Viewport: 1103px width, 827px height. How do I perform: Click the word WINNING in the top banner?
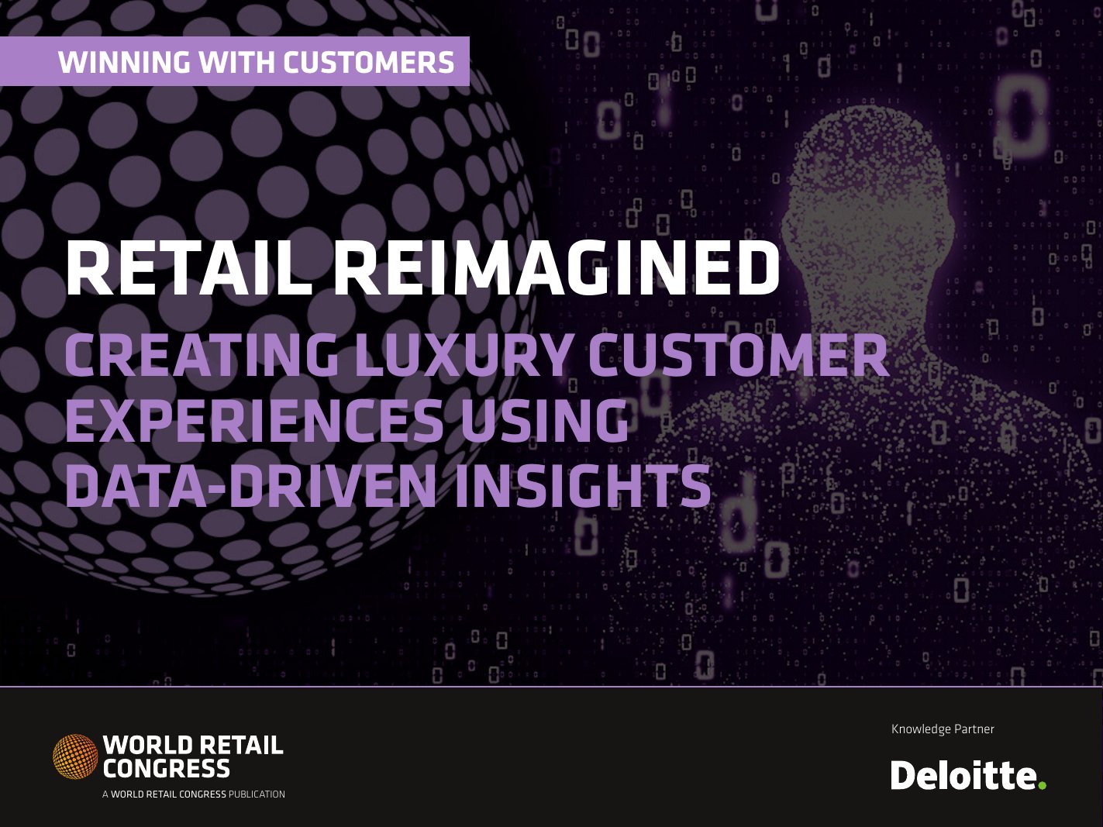[x=124, y=62]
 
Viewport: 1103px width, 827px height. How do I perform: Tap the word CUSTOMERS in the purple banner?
[x=368, y=62]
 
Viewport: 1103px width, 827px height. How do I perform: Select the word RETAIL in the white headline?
[x=188, y=269]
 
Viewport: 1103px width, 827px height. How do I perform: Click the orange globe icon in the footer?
[x=75, y=756]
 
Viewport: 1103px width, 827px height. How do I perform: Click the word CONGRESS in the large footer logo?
[x=167, y=769]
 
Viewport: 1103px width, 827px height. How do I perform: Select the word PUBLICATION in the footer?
[x=257, y=794]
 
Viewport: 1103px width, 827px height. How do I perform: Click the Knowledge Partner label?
[x=943, y=729]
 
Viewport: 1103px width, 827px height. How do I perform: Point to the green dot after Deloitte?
[x=1043, y=785]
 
